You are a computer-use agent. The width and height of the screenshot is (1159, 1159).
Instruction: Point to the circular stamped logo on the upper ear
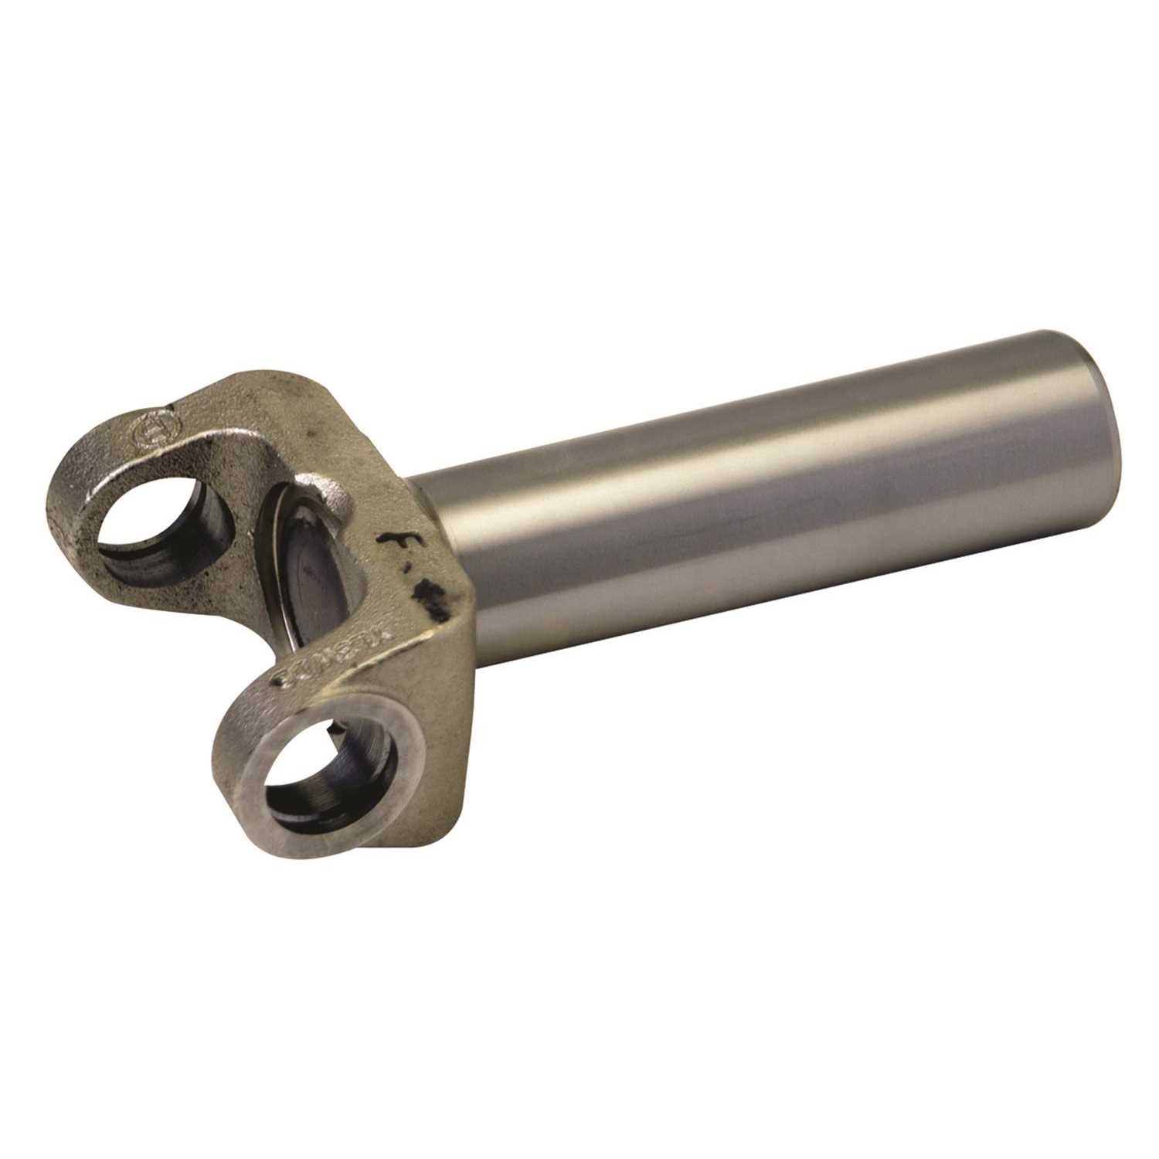(x=148, y=433)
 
